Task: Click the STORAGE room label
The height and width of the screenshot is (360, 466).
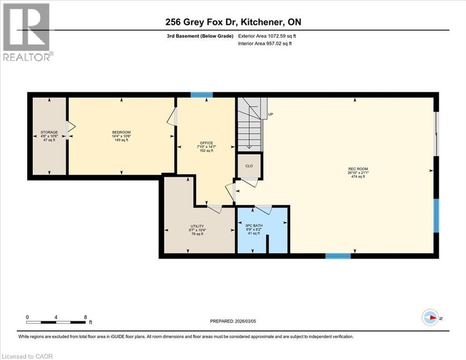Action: point(49,133)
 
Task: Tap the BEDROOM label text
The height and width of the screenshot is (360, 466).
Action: point(121,132)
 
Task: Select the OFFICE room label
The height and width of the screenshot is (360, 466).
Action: point(206,143)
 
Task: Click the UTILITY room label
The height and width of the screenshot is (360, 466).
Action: point(197,226)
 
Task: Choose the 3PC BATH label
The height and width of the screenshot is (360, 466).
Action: point(254,225)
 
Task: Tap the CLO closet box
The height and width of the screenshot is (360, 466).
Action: point(249,165)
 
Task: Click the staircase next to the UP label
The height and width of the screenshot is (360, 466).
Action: point(249,123)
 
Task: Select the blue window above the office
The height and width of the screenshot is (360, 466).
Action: point(201,95)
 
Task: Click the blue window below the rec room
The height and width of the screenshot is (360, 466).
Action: point(338,256)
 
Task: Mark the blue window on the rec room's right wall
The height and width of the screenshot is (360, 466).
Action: point(436,216)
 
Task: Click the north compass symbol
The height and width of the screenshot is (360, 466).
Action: point(429,318)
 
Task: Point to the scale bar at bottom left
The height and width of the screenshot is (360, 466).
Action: point(56,322)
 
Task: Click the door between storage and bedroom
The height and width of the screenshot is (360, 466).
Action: point(70,130)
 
